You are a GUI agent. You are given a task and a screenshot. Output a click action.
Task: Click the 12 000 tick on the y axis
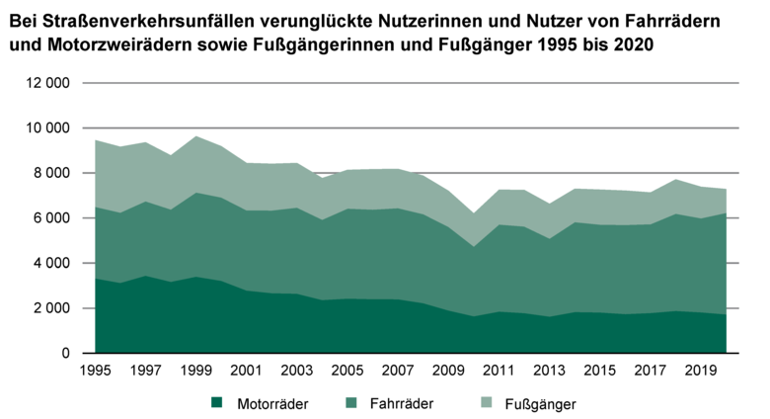pyautogui.click(x=45, y=84)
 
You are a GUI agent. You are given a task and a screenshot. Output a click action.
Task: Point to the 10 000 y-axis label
pyautogui.click(x=45, y=128)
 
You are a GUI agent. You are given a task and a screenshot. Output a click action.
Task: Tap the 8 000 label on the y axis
pyautogui.click(x=49, y=174)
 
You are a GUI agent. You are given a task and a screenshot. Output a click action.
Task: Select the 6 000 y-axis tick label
pyautogui.click(x=49, y=218)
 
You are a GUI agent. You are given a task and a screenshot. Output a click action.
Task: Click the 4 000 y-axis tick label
pyautogui.click(x=49, y=264)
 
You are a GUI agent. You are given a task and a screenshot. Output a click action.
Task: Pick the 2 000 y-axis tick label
pyautogui.click(x=49, y=308)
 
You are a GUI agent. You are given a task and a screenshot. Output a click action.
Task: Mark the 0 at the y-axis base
pyautogui.click(x=65, y=354)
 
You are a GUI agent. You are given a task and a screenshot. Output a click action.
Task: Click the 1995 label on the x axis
pyautogui.click(x=95, y=373)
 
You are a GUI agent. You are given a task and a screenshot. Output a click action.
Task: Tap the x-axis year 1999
pyautogui.click(x=195, y=373)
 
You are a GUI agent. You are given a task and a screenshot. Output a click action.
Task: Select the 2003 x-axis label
pyautogui.click(x=297, y=373)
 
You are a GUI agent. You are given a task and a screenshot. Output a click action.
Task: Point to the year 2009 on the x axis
pyautogui.click(x=448, y=373)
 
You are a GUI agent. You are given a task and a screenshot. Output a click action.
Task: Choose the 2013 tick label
pyautogui.click(x=550, y=373)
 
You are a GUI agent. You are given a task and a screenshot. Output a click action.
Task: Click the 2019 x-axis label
pyautogui.click(x=701, y=373)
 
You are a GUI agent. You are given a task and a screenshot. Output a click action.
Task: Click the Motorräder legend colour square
pyautogui.click(x=216, y=403)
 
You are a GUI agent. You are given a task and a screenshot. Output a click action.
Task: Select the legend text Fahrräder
pyautogui.click(x=398, y=403)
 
